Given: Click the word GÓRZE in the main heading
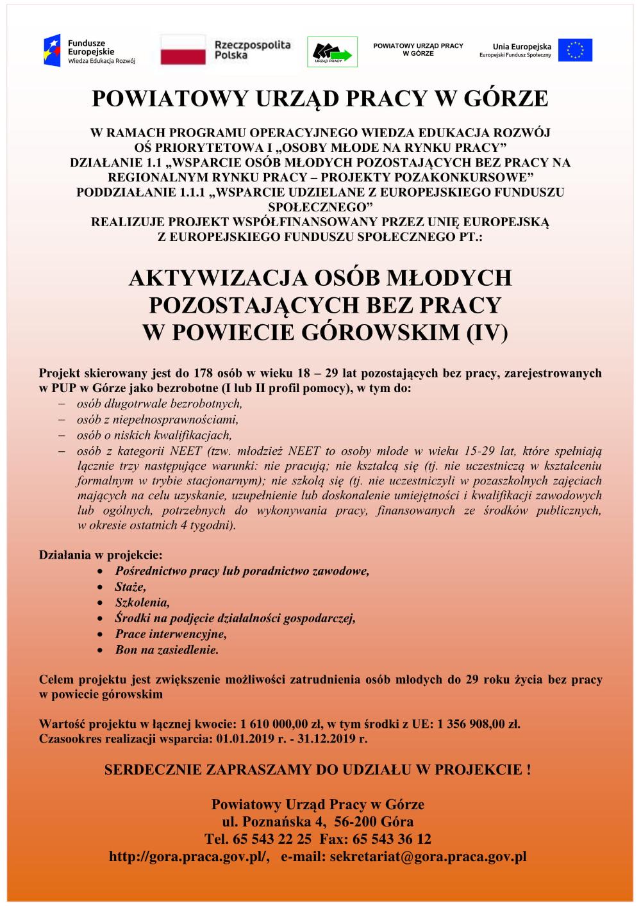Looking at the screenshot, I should [510, 99].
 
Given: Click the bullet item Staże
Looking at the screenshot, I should [131, 586].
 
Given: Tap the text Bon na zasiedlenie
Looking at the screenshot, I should [167, 650].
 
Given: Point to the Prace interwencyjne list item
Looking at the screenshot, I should [171, 634].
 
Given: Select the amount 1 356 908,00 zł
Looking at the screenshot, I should [478, 725].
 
